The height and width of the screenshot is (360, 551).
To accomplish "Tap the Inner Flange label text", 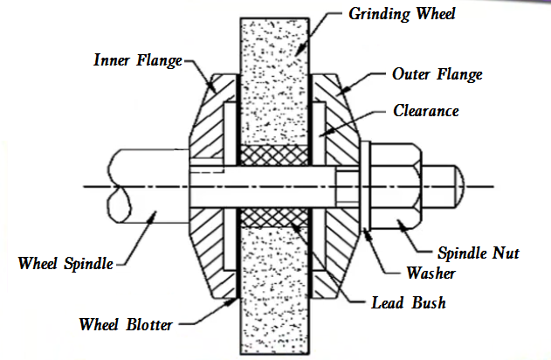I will [x=136, y=60].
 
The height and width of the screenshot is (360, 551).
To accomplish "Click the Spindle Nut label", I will [x=479, y=253].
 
